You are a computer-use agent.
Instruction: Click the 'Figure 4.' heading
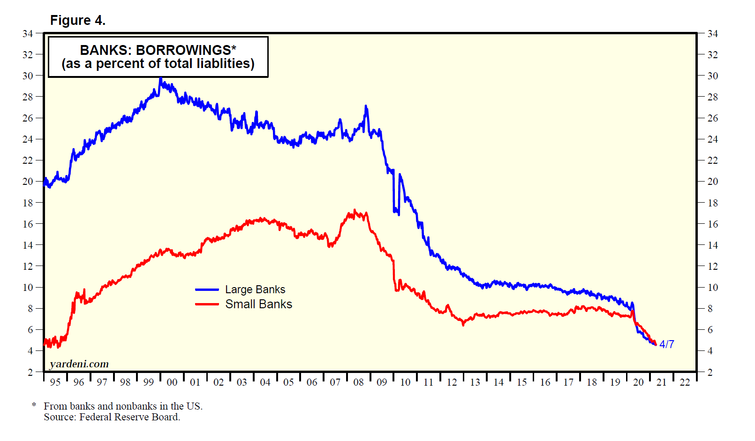click(x=78, y=21)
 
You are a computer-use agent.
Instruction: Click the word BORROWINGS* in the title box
click(x=186, y=50)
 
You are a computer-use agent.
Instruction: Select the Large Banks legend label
click(x=255, y=289)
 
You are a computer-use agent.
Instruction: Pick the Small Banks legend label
click(x=258, y=304)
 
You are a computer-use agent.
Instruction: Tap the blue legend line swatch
click(x=207, y=290)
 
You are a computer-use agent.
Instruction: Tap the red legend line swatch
click(x=207, y=304)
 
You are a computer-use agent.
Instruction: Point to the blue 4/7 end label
click(x=666, y=344)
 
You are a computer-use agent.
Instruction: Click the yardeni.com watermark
click(x=79, y=364)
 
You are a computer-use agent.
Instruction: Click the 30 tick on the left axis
click(x=28, y=76)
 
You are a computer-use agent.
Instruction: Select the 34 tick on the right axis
click(x=712, y=34)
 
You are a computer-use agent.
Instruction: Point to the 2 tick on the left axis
click(x=30, y=372)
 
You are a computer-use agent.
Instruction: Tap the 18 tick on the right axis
click(x=712, y=203)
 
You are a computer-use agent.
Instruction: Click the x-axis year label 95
click(x=55, y=382)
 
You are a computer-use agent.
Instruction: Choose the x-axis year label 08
click(x=358, y=382)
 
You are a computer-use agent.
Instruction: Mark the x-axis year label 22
click(x=685, y=382)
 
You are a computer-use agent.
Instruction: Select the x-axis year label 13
click(x=475, y=382)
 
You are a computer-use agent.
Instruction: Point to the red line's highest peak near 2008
click(x=355, y=211)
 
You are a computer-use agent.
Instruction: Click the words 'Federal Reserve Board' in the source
click(x=129, y=417)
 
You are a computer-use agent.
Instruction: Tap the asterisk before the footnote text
click(x=34, y=404)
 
